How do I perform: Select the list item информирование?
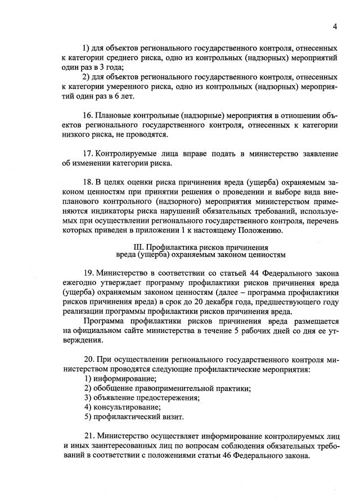[x=116, y=379]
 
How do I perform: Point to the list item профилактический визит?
[x=133, y=416]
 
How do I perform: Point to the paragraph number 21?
[x=88, y=436]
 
